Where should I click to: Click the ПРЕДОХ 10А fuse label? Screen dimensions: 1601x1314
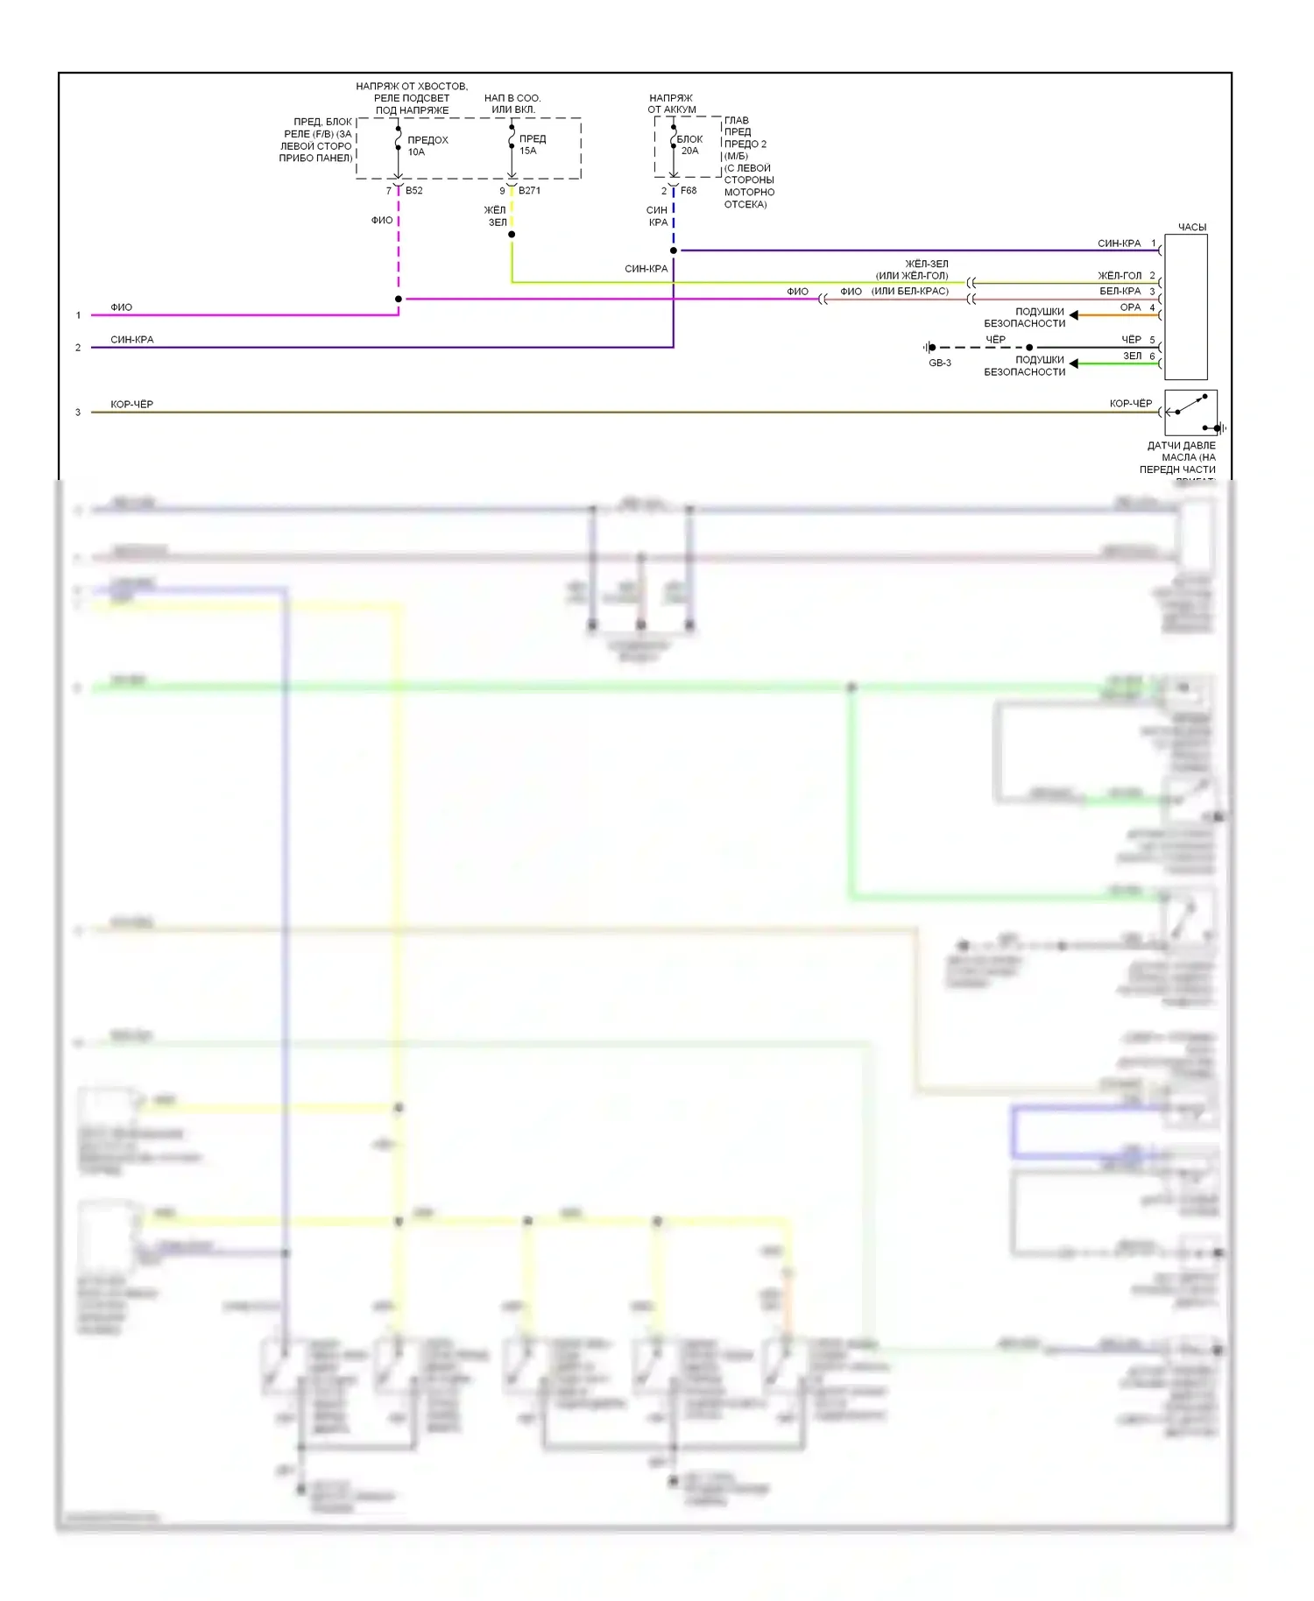[x=427, y=146]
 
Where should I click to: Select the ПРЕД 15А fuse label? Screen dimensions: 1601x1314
[x=532, y=145]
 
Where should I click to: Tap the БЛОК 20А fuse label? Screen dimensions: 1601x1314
[x=689, y=145]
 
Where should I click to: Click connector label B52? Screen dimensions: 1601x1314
[x=414, y=191]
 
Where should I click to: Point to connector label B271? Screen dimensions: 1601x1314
[x=529, y=191]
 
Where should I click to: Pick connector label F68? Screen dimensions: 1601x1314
[x=689, y=191]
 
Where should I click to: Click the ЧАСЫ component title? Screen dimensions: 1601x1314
[x=1191, y=228]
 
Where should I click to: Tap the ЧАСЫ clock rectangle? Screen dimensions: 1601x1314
[x=1186, y=307]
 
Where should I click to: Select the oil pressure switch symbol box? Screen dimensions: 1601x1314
[x=1190, y=413]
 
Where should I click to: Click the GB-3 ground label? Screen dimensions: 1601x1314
[x=940, y=363]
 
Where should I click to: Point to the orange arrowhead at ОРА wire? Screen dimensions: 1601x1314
[x=1074, y=315]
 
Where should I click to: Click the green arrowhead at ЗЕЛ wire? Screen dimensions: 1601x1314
[x=1074, y=363]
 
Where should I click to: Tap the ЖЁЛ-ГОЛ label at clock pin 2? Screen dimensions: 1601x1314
[x=1120, y=276]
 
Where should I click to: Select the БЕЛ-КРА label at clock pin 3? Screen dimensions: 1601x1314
[x=1120, y=292]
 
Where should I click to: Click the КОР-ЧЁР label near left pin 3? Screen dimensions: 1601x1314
[x=131, y=405]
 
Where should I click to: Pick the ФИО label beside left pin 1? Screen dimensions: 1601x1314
[x=121, y=307]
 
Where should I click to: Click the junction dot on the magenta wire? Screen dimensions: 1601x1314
[x=399, y=300]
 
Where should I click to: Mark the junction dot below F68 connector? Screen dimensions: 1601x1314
[x=674, y=250]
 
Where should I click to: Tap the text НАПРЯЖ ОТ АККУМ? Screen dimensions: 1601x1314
[x=672, y=104]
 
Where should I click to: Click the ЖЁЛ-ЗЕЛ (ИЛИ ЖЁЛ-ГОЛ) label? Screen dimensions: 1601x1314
[x=912, y=270]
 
